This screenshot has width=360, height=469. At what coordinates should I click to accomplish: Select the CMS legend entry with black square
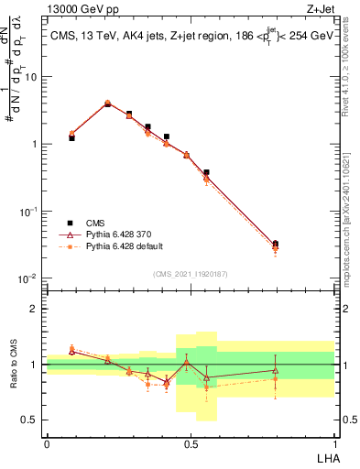93,222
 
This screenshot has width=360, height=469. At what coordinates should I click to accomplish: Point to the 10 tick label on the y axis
32,77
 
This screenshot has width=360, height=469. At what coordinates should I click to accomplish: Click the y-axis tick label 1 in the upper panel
35,144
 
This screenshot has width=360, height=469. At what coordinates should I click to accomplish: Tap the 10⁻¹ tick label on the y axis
30,211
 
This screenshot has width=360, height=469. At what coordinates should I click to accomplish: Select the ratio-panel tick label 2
34,309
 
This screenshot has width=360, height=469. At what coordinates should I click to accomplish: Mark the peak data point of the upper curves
108,104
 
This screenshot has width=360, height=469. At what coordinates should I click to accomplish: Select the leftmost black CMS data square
71,137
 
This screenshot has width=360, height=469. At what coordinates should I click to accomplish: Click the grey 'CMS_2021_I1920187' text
190,273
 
